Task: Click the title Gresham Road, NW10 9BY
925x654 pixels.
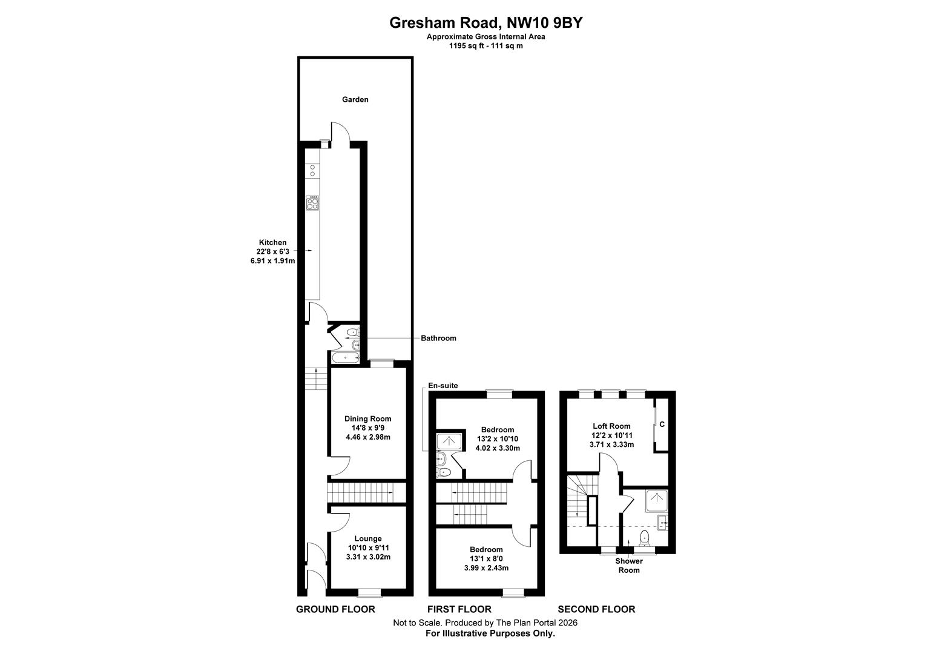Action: pyautogui.click(x=486, y=23)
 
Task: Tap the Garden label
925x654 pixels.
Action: pyautogui.click(x=355, y=99)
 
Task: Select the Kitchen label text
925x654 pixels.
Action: pyautogui.click(x=272, y=242)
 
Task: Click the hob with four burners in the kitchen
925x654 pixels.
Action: pyautogui.click(x=312, y=203)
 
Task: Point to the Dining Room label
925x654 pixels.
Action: pyautogui.click(x=367, y=418)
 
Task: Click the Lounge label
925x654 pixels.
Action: pyautogui.click(x=367, y=538)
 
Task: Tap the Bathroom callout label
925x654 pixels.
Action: pyautogui.click(x=438, y=338)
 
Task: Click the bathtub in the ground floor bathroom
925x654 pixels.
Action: pyautogui.click(x=345, y=358)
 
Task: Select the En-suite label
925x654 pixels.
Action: pyautogui.click(x=443, y=385)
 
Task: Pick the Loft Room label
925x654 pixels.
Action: pyautogui.click(x=611, y=426)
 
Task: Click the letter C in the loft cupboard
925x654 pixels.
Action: pyautogui.click(x=662, y=424)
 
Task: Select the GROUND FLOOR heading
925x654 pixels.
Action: pyautogui.click(x=335, y=609)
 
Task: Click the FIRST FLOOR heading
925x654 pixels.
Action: pyautogui.click(x=459, y=609)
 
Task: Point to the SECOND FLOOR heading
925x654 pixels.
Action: pyautogui.click(x=596, y=609)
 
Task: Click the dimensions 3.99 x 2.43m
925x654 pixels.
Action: pyautogui.click(x=486, y=568)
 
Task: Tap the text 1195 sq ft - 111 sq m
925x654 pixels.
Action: pyautogui.click(x=486, y=45)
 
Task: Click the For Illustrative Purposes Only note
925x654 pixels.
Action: pyautogui.click(x=490, y=633)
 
